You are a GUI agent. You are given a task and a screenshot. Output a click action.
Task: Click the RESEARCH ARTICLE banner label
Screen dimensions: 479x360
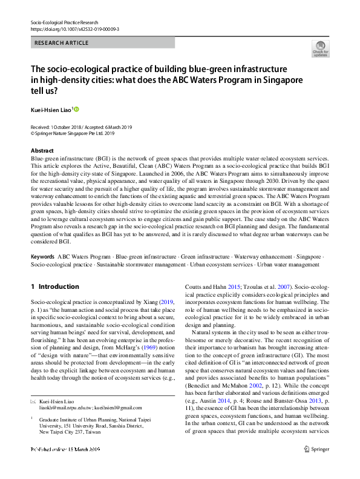(62, 43)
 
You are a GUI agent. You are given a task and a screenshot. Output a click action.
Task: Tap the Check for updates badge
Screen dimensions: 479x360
(319, 48)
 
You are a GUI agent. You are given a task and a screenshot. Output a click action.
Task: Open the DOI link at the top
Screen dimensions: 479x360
(74, 28)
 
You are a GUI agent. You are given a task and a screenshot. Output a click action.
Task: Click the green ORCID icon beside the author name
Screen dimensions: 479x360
(77, 109)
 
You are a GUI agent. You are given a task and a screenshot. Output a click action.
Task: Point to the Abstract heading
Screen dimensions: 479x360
(42, 150)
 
